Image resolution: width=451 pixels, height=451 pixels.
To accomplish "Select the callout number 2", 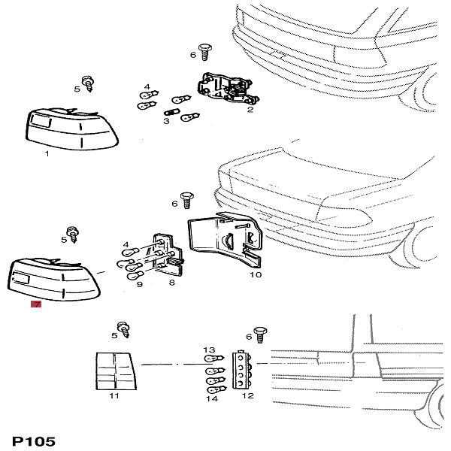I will tap(250, 109).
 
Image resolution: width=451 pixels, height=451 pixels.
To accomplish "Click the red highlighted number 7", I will tap(35, 304).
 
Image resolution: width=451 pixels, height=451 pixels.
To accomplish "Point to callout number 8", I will tap(171, 283).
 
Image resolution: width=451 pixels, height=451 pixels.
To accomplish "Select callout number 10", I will tap(256, 275).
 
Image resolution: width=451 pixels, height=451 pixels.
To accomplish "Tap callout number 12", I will tap(247, 395).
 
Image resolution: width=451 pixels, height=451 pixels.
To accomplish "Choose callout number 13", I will tap(210, 350).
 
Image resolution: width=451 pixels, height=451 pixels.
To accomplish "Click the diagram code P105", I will tap(34, 441).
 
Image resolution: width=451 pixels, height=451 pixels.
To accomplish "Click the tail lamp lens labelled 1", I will tap(72, 128).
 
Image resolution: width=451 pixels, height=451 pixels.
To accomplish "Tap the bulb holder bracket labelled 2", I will tap(225, 90).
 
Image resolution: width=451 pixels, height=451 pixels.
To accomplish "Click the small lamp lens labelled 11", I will tap(114, 369).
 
